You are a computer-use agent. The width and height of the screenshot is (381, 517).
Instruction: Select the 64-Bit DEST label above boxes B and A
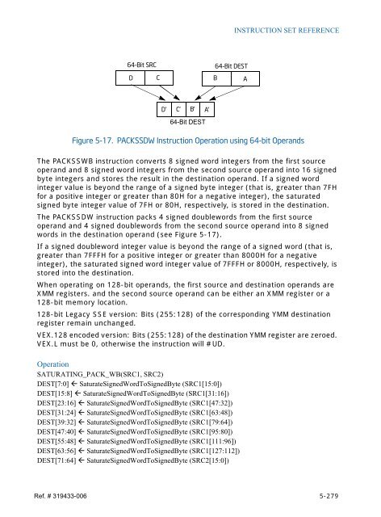[232, 65]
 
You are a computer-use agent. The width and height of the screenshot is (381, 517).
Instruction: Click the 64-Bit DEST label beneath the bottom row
[187, 122]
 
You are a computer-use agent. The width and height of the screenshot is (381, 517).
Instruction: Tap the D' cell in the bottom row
[164, 108]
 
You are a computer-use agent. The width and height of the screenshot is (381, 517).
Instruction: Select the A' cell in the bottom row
[207, 108]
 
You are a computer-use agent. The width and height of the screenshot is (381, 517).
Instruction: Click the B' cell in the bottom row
[192, 108]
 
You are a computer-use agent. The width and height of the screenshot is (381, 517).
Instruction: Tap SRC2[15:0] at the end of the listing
[203, 461]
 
